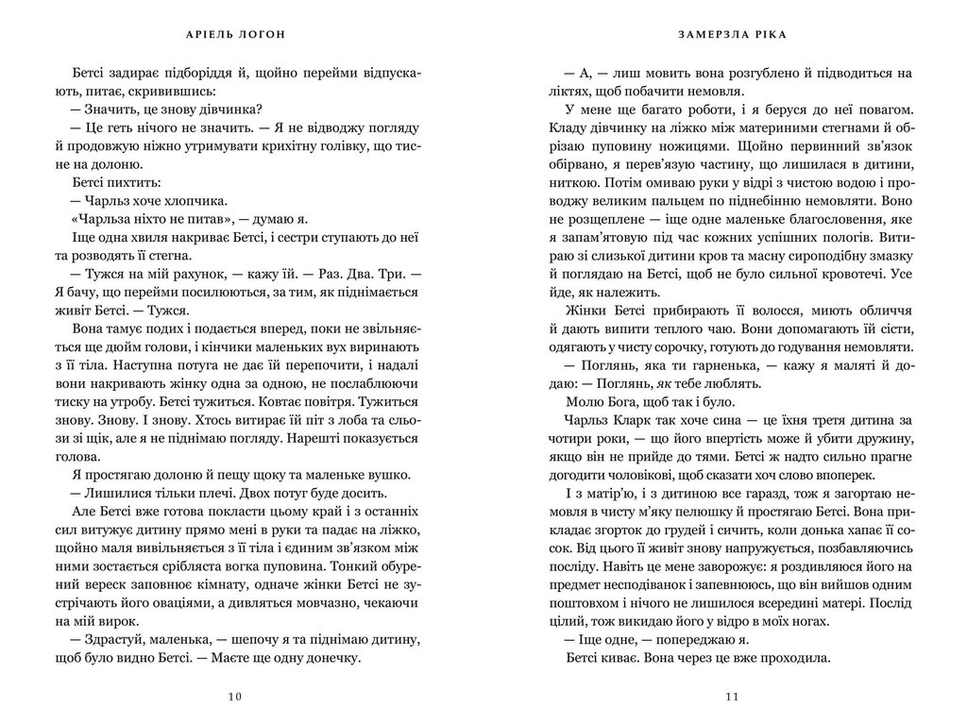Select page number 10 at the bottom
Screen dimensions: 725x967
(x=235, y=697)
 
